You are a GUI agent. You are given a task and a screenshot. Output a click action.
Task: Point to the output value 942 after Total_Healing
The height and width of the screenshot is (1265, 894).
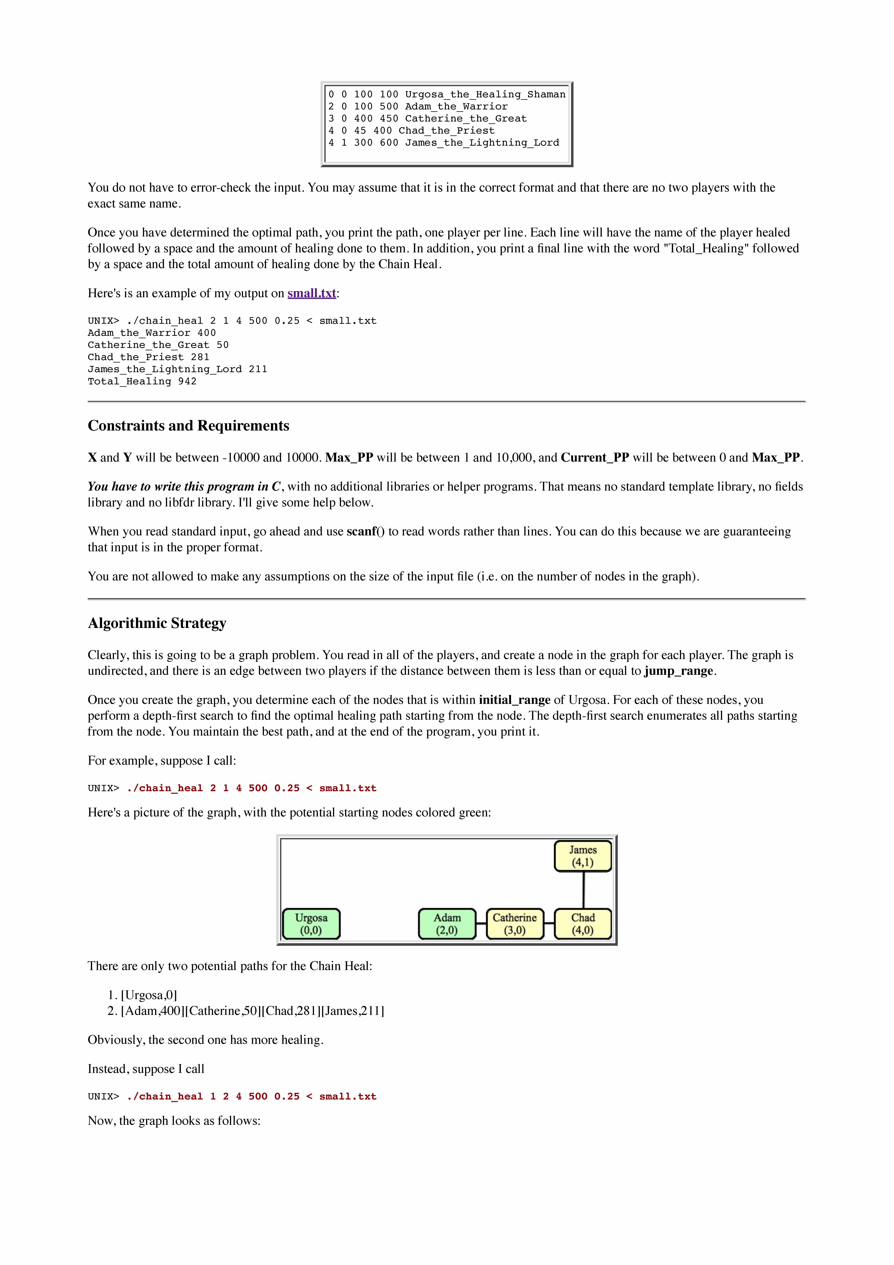[187, 381]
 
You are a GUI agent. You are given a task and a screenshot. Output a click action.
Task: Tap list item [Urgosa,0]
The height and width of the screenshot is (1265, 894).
[149, 995]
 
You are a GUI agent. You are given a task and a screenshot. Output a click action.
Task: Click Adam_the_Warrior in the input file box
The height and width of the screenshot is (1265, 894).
[456, 106]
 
